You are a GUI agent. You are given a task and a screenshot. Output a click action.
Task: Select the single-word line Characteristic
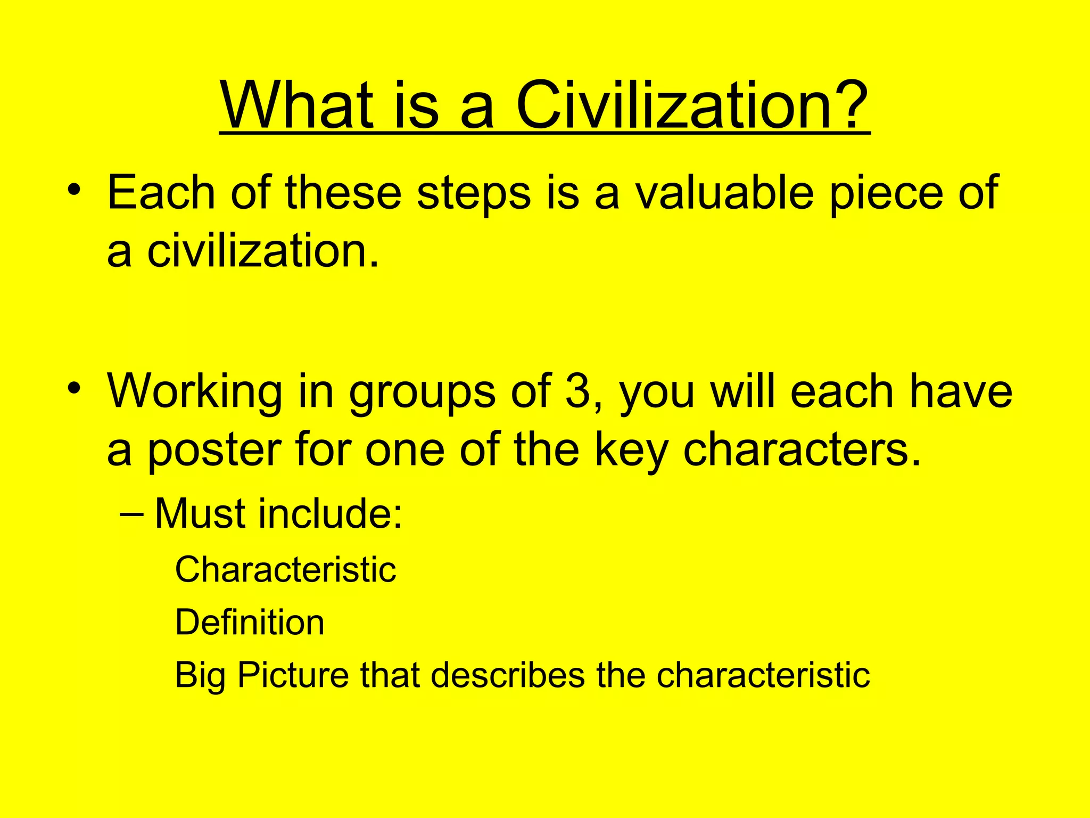pos(285,570)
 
